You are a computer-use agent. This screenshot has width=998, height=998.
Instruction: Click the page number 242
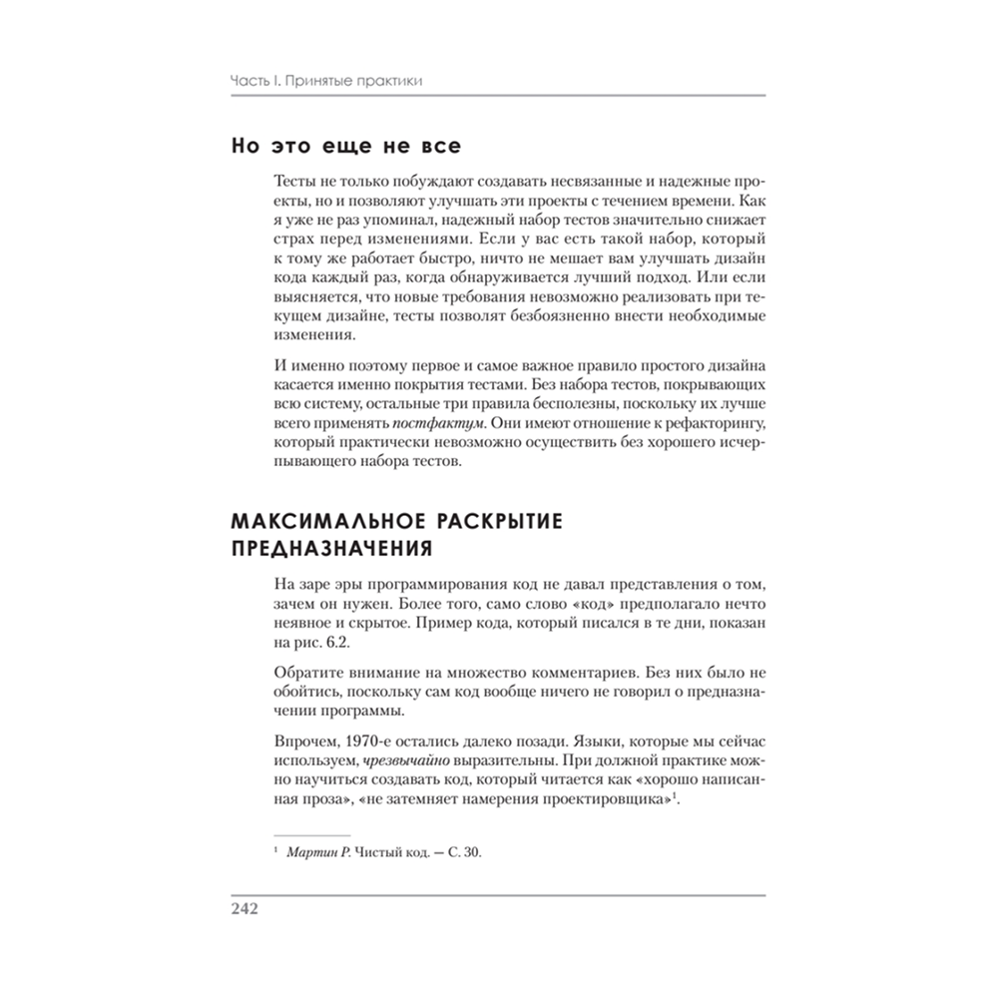pos(245,909)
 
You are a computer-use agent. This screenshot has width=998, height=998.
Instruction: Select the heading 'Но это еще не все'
pos(345,147)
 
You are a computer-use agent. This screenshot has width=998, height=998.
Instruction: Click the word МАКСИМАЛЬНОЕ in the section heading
pos(320,521)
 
